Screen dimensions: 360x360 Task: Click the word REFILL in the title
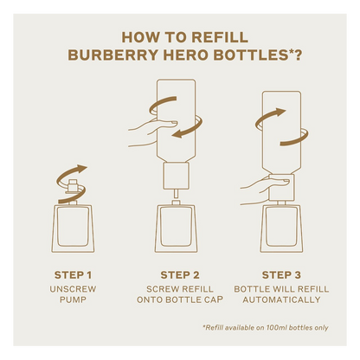220,37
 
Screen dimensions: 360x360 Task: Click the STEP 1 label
73,275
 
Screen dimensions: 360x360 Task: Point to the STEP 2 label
180,275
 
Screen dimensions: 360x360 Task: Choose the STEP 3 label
281,275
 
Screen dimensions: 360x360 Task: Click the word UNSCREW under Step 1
73,289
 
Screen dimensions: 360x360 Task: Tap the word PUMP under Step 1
73,299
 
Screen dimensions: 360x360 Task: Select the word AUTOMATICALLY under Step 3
281,299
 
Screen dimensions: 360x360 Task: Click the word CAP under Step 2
215,299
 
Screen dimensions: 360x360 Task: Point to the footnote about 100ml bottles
266,328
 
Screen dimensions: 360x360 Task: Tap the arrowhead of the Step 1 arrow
81,169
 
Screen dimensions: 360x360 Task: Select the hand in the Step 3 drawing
261,191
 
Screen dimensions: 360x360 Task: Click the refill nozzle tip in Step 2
176,193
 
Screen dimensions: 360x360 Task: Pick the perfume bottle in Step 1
73,228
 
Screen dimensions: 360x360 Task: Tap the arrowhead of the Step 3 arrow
280,112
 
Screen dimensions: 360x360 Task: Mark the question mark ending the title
298,55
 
